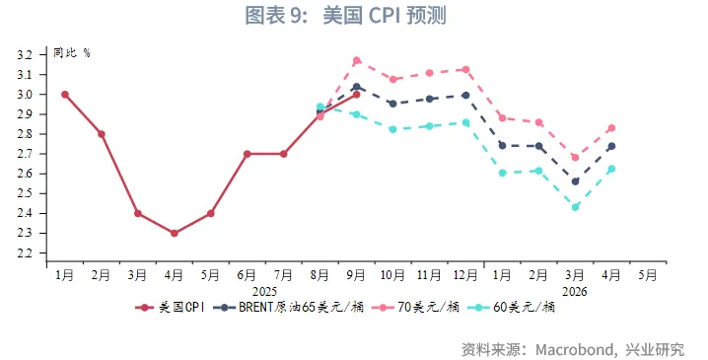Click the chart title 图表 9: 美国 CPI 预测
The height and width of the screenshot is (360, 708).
[x=353, y=17]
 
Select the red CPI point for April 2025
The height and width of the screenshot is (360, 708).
[x=175, y=233]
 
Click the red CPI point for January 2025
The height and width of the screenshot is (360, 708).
[x=65, y=95]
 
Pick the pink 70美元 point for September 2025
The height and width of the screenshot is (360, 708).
[x=356, y=60]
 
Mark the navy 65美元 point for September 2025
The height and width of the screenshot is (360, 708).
[x=356, y=87]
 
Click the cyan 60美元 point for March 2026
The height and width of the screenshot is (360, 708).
[x=575, y=207]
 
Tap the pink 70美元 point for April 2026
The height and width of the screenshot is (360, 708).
[x=611, y=128]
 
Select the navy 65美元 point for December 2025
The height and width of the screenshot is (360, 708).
[x=465, y=95]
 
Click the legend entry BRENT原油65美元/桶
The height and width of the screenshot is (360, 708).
[x=291, y=307]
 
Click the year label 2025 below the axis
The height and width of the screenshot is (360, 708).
[x=265, y=291]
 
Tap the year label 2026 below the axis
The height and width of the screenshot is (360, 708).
[x=575, y=291]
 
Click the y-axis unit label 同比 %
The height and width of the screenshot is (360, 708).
[x=71, y=52]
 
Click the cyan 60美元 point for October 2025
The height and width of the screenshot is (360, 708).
[x=392, y=129]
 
